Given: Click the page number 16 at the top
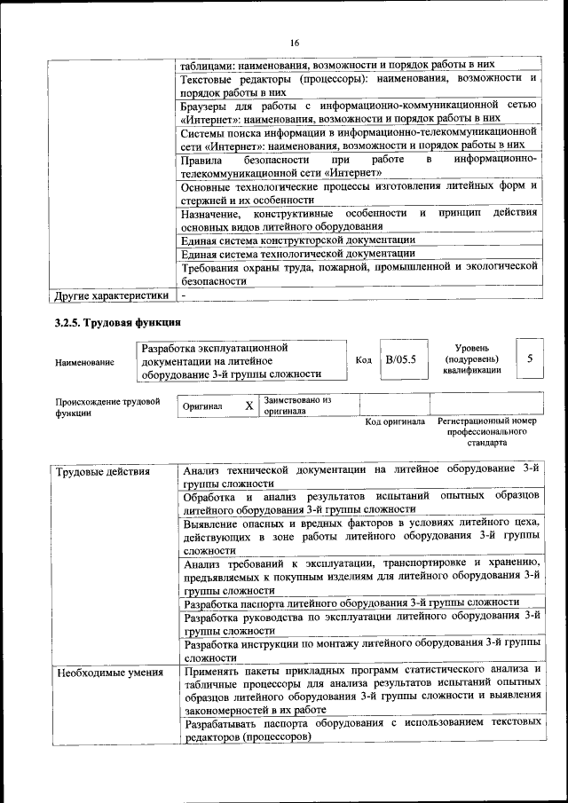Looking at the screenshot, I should [294, 42].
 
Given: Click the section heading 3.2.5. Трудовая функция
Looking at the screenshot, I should [118, 322].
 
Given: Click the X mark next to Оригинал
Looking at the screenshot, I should [249, 406].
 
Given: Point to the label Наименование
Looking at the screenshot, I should [84, 362].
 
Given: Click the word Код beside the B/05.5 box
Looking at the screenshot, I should [363, 360].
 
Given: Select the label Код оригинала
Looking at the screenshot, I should [395, 421].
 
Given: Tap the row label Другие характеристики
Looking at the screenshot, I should [111, 295].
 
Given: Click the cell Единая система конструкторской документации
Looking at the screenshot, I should [297, 240].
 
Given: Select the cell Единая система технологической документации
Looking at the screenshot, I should [297, 254].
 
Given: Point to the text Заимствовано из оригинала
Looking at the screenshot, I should [296, 405].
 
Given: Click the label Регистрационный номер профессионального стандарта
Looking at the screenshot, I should [487, 431].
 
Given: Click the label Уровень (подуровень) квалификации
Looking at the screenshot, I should [471, 358].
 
